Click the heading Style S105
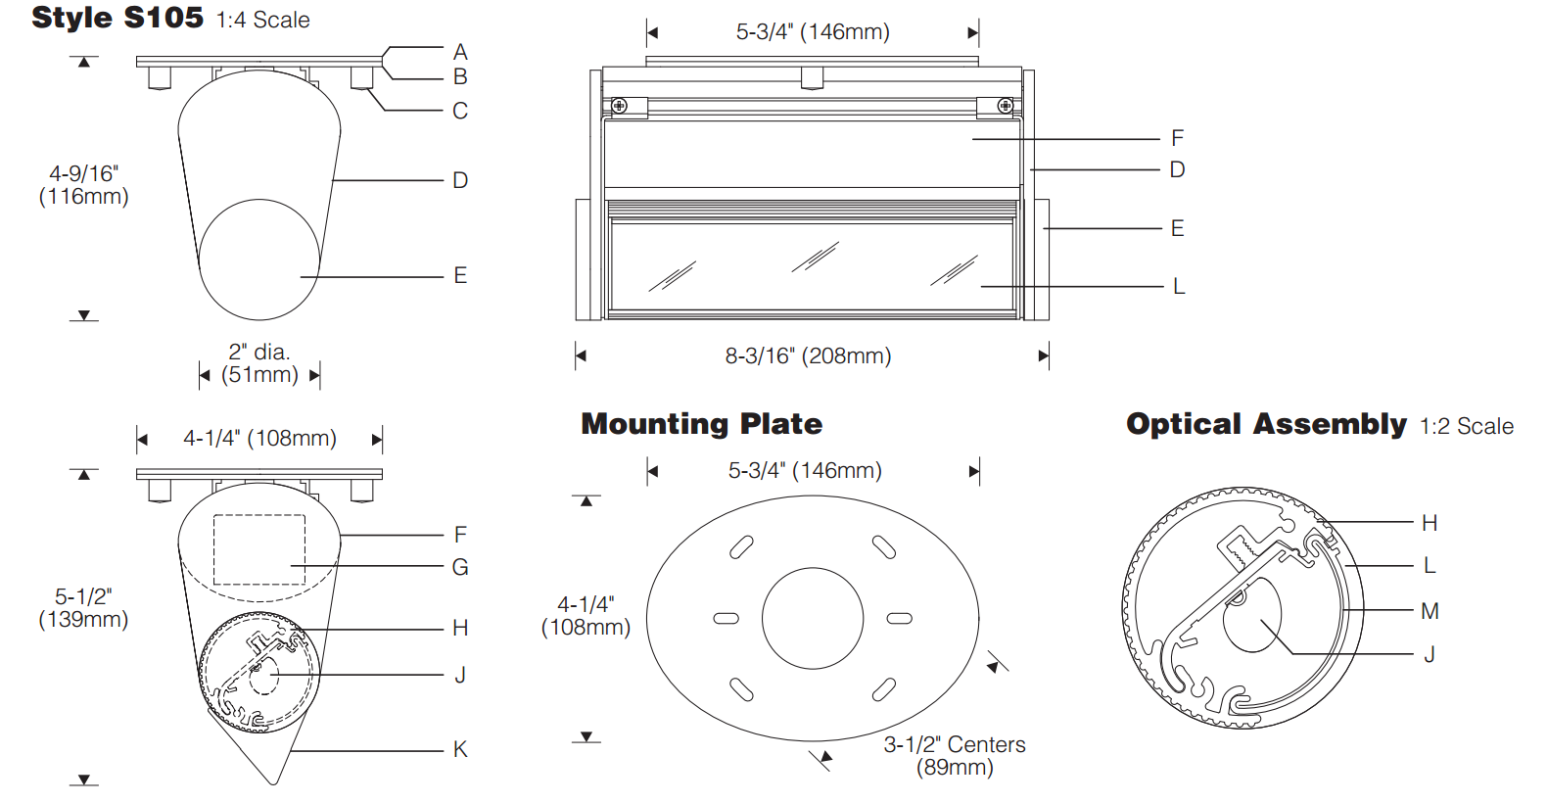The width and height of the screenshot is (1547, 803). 117,18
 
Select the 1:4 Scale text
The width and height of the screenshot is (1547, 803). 262,20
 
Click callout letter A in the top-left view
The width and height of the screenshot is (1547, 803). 460,52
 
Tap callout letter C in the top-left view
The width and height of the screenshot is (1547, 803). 460,111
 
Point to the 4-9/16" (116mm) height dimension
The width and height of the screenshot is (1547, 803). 83,185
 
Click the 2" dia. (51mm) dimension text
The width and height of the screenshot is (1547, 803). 259,363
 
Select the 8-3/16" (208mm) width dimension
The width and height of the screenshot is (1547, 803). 808,356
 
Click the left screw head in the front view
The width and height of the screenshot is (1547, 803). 620,106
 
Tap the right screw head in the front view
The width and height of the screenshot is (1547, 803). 1006,106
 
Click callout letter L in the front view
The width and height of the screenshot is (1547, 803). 1179,286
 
